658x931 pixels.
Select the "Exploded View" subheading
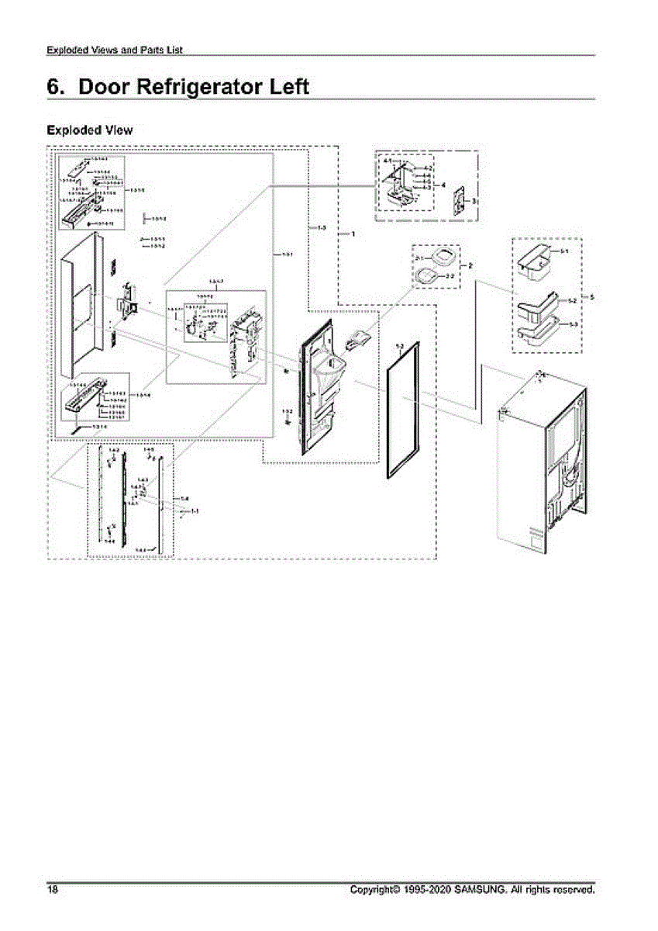pyautogui.click(x=89, y=130)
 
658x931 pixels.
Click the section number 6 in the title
pyautogui.click(x=56, y=87)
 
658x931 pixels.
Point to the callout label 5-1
pyautogui.click(x=565, y=252)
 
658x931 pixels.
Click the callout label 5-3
pyautogui.click(x=573, y=324)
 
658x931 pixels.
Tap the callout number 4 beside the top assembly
pyautogui.click(x=443, y=185)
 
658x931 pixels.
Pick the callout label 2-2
pyautogui.click(x=450, y=275)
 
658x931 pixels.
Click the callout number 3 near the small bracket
pyautogui.click(x=474, y=201)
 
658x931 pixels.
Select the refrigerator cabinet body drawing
pyautogui.click(x=543, y=458)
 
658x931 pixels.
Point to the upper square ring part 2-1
pyautogui.click(x=439, y=258)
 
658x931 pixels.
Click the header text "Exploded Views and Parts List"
pyautogui.click(x=115, y=50)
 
